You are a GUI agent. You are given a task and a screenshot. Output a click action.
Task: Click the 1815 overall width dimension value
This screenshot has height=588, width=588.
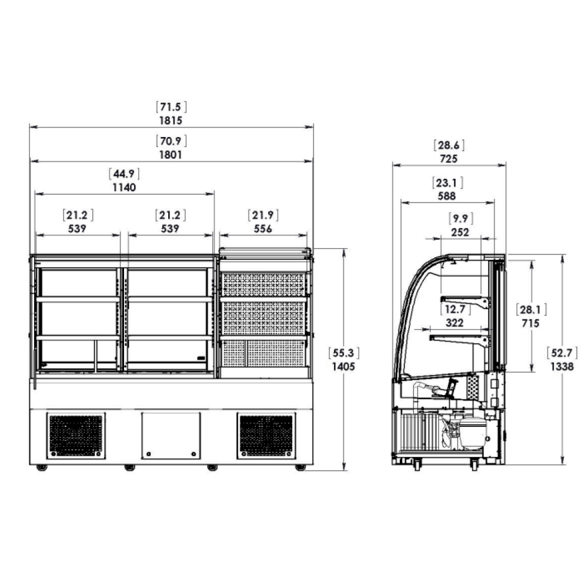[171, 121]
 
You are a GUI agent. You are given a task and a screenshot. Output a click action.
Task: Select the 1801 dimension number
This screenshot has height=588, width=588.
[171, 155]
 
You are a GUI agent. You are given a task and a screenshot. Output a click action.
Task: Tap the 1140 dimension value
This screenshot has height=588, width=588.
[124, 187]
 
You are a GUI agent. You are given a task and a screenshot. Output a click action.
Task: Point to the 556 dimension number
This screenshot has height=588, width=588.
[262, 228]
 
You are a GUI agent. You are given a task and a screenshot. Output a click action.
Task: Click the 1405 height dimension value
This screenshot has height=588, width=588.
[343, 366]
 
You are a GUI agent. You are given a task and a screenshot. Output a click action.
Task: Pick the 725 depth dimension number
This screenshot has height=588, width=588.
[449, 159]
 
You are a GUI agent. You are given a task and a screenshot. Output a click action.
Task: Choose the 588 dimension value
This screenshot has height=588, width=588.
[447, 196]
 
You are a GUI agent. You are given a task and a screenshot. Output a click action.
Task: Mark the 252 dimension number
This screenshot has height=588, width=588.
[460, 232]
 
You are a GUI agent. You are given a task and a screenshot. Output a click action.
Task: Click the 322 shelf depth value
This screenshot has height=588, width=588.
[455, 322]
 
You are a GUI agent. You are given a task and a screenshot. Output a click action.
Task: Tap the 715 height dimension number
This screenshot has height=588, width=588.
[530, 323]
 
